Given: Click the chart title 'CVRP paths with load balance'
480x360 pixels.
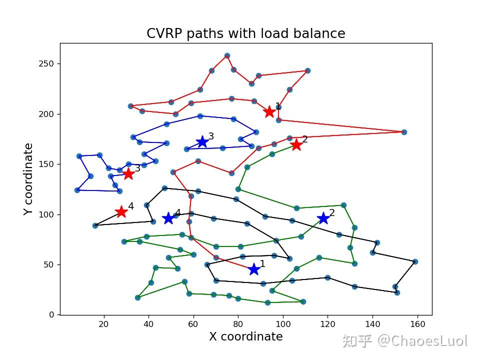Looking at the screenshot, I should [245, 33].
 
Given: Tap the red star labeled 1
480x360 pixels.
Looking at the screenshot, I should [269, 111].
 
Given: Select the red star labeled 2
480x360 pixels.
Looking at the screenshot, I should [296, 144].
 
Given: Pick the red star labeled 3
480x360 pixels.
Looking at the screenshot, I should [128, 173].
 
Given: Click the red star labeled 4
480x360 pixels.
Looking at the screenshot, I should [121, 212].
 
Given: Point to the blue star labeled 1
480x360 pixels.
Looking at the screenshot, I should [254, 269].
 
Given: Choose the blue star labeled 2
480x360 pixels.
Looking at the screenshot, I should [323, 218].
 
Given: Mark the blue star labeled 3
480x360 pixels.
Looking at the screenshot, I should [202, 142].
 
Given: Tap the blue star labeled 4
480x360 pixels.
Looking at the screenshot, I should [168, 218].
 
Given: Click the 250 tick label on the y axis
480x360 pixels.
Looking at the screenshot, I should [48, 64].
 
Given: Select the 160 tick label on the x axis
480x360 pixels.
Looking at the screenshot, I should [417, 324].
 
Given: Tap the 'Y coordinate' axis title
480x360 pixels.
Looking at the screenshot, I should [29, 179].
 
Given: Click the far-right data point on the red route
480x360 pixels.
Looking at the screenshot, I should [404, 132].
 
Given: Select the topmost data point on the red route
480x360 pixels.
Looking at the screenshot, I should [227, 56].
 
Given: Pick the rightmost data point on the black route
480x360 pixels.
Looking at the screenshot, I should [415, 261].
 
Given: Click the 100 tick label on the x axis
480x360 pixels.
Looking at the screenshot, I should [283, 324].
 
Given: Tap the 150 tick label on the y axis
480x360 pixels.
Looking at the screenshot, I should [48, 164].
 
